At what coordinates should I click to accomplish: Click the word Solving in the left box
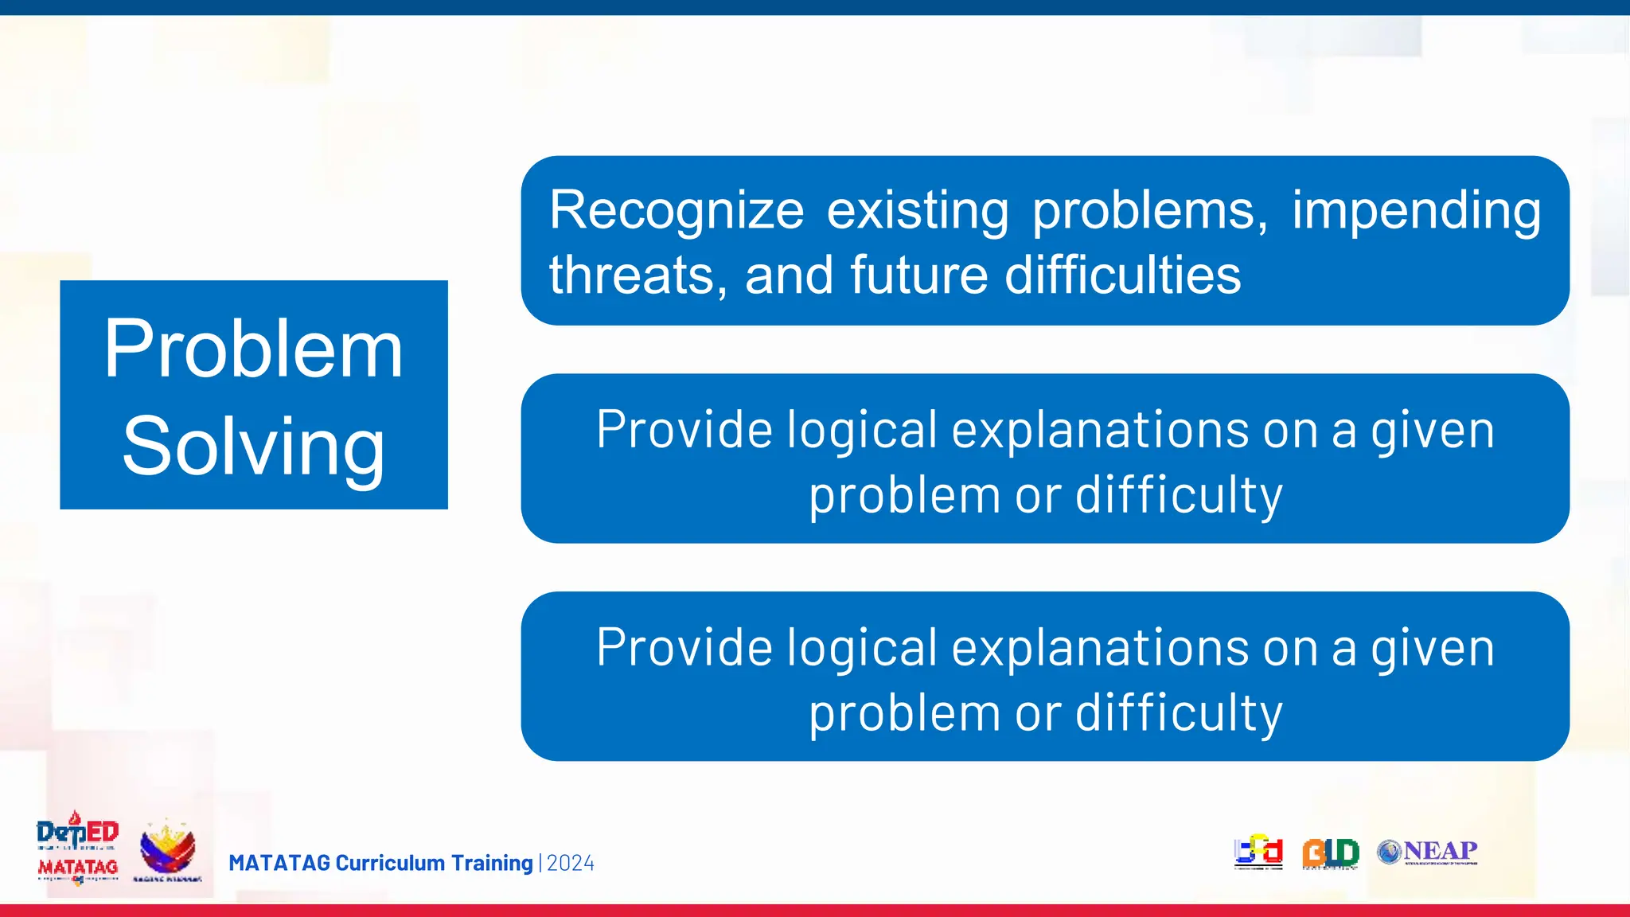[253, 447]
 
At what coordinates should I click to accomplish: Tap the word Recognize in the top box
[677, 211]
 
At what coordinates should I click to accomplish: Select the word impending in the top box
[1416, 211]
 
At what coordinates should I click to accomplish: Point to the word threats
[637, 275]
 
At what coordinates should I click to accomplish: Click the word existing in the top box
[918, 211]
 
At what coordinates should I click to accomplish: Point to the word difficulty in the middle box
[1179, 495]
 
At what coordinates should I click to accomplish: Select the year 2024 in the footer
[571, 863]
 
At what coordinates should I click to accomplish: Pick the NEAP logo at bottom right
[1428, 852]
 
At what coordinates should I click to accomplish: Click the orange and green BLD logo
[1330, 853]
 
